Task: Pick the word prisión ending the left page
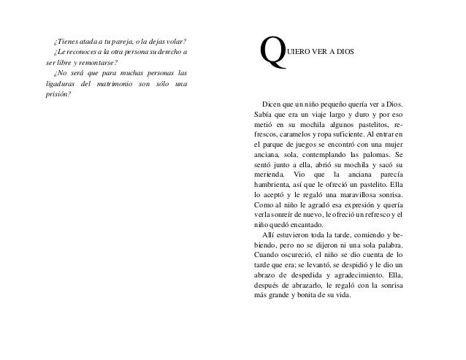(x=58, y=98)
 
